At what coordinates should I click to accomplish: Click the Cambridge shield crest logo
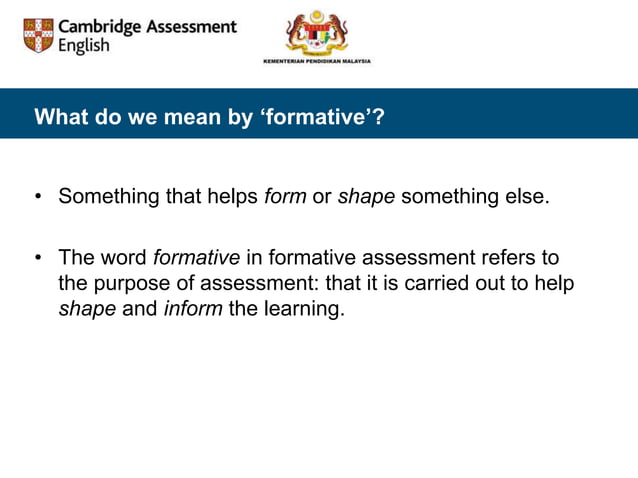click(38, 36)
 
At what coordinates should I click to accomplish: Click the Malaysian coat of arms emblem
click(316, 32)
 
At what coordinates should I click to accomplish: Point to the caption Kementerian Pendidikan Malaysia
click(316, 61)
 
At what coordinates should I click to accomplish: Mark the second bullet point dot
click(37, 259)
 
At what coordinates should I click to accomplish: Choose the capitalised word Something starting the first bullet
click(109, 196)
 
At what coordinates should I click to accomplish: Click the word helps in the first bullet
click(233, 196)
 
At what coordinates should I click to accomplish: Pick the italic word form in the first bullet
click(285, 196)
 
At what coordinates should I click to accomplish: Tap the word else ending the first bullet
click(527, 196)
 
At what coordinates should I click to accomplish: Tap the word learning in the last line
click(303, 308)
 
